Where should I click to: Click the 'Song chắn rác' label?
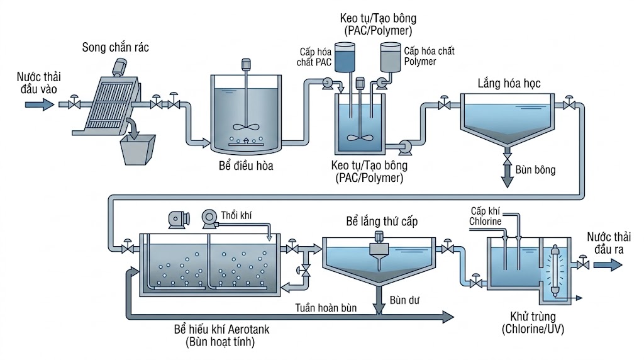(116, 48)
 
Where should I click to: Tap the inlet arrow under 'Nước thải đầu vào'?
(40, 105)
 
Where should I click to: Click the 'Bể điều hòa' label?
(246, 166)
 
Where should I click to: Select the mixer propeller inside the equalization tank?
(246, 127)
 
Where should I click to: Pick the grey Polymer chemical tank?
(390, 57)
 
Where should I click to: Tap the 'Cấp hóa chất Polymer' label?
(429, 56)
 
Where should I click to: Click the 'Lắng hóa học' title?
(509, 84)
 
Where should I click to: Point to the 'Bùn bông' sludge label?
(535, 170)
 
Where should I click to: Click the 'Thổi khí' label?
(236, 215)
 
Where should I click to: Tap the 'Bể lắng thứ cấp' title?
(382, 222)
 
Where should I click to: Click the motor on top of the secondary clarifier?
(379, 237)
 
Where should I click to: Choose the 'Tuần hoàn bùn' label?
(326, 308)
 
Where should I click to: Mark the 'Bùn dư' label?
(404, 300)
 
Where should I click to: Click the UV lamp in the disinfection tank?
(555, 270)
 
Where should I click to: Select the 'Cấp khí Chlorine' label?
(486, 217)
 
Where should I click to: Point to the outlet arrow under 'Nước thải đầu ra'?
(608, 264)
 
